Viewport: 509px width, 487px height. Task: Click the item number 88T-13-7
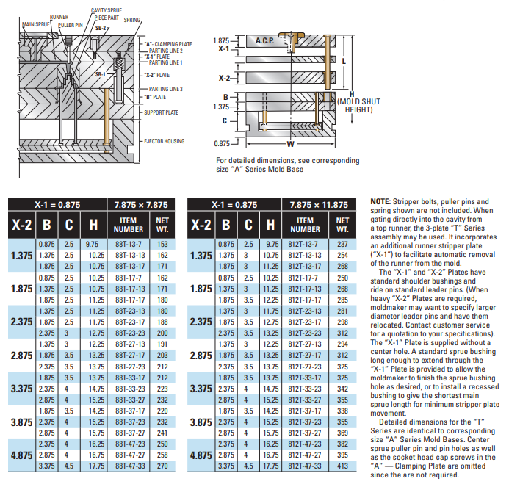point(129,244)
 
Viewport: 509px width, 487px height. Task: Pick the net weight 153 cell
point(163,244)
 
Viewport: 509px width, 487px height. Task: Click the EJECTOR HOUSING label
point(165,141)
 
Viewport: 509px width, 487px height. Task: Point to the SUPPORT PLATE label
point(162,112)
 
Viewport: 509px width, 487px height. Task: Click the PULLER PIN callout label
point(71,24)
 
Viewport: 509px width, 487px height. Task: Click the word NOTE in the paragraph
point(380,201)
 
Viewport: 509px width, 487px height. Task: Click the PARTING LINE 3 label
point(165,89)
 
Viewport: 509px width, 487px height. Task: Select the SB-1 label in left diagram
point(101,74)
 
